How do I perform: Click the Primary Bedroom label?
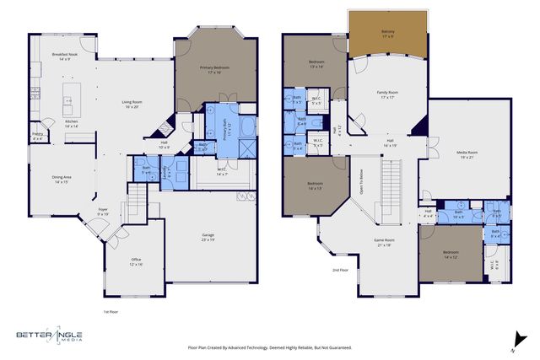tap(215, 69)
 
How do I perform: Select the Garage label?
tap(208, 237)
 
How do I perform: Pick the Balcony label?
tap(387, 34)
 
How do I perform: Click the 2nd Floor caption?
tap(340, 271)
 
